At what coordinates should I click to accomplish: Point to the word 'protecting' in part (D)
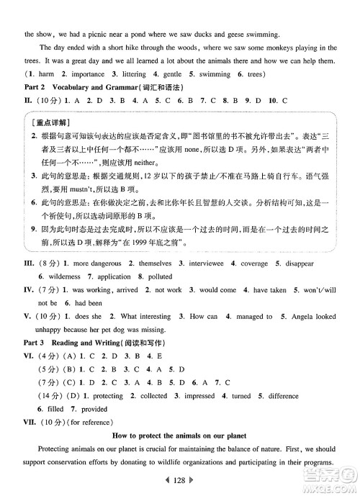coord(104,395)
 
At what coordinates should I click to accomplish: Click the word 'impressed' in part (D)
coord(199,395)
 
